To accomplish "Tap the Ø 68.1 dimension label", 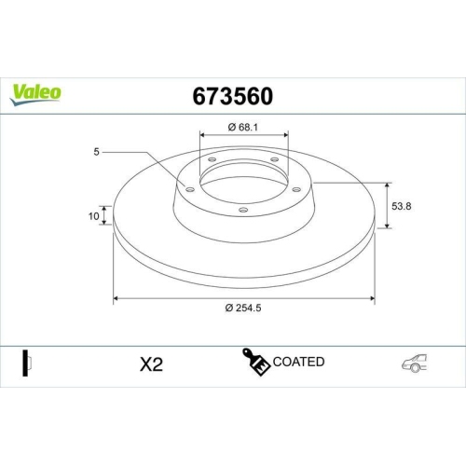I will tap(242, 127).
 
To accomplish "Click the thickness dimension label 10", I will tap(94, 216).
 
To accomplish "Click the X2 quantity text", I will tap(150, 363).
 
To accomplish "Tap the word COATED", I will tap(299, 362).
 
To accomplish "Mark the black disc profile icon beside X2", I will tap(27, 363).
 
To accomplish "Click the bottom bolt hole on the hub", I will tap(243, 211).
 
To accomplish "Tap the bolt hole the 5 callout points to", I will tap(189, 189).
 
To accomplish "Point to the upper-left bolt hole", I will tap(212, 159).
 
